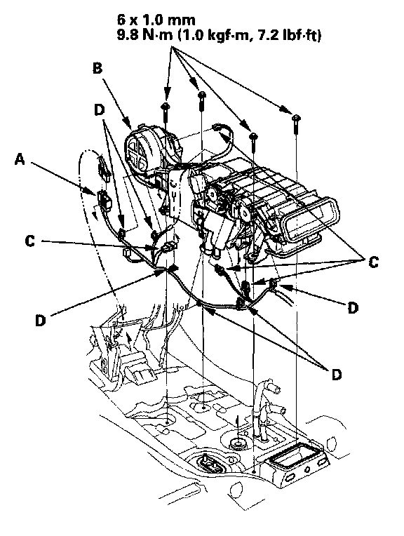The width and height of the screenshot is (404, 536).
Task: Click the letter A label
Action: click(x=20, y=159)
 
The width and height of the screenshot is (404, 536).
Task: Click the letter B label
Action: click(x=97, y=68)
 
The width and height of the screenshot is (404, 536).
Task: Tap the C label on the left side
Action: click(x=30, y=241)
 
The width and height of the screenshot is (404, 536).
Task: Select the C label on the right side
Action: click(x=373, y=262)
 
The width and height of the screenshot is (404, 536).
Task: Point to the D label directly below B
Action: click(x=99, y=109)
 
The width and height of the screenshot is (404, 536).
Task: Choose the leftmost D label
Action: click(x=41, y=321)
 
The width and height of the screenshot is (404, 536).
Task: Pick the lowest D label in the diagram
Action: click(x=337, y=375)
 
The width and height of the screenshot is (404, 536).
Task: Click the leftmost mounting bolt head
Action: click(x=166, y=106)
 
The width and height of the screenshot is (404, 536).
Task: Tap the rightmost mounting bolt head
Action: click(x=296, y=118)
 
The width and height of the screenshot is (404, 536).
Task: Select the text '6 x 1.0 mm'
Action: click(x=156, y=20)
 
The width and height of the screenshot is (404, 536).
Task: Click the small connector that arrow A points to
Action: click(x=104, y=200)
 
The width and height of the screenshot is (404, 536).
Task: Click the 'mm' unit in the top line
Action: click(x=184, y=20)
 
